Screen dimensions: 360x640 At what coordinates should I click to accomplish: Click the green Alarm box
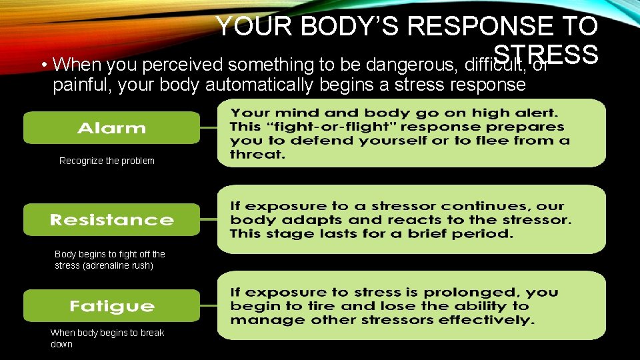(x=111, y=127)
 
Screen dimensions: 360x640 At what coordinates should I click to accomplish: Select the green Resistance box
(x=111, y=219)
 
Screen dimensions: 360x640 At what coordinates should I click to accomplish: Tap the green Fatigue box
(x=111, y=306)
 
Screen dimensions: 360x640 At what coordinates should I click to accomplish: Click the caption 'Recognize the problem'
(x=107, y=161)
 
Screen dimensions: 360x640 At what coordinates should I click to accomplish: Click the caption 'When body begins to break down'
(x=107, y=338)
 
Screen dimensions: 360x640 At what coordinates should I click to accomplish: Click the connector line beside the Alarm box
(x=209, y=127)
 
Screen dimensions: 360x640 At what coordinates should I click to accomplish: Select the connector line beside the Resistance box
(x=209, y=219)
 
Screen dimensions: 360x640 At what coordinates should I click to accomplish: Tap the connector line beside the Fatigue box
(x=209, y=306)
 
